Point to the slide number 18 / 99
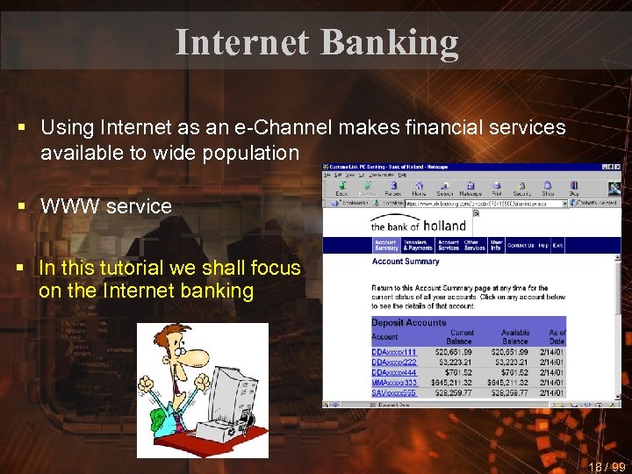tap(606, 466)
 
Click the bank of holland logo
tap(419, 225)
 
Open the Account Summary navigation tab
tap(386, 246)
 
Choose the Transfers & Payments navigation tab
tap(418, 246)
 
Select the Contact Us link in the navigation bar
tap(520, 246)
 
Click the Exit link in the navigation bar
tap(557, 246)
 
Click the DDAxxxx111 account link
tap(393, 352)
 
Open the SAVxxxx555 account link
tap(393, 392)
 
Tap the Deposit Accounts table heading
tap(408, 322)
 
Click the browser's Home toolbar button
tap(419, 189)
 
